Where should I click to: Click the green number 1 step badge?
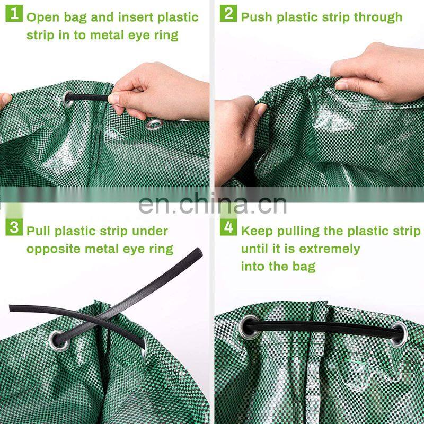[14, 14]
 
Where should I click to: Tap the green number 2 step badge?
[228, 14]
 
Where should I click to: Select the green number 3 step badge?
[14, 227]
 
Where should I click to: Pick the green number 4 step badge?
[228, 227]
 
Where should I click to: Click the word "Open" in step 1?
[43, 18]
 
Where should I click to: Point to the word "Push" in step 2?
[257, 17]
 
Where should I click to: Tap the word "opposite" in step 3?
[54, 249]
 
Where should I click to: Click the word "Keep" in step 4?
[257, 232]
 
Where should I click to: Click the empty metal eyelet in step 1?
[154, 125]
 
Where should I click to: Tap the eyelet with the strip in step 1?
[68, 99]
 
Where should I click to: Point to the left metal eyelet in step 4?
[248, 328]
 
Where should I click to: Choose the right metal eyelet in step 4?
[400, 334]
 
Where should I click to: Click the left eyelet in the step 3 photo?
[59, 340]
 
